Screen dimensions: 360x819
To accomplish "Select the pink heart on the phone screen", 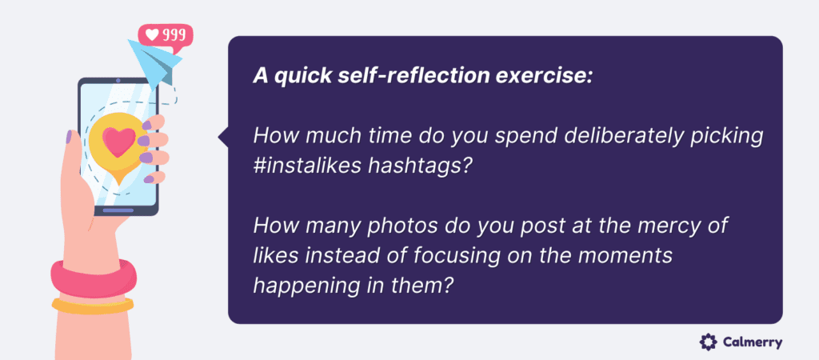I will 118,143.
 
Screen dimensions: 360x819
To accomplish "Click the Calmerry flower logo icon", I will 708,342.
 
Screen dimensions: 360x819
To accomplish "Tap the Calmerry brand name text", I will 753,342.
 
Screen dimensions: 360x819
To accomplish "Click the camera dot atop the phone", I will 118,81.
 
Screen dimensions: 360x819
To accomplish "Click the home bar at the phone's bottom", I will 118,210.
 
